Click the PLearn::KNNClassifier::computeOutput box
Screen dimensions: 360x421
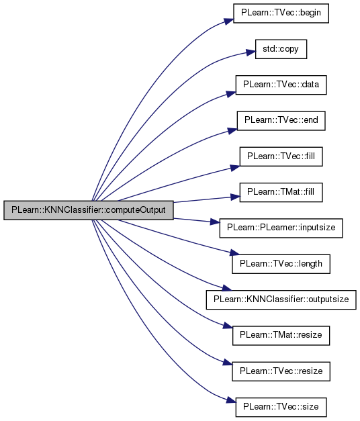(x=89, y=210)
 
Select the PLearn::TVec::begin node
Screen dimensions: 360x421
(x=281, y=13)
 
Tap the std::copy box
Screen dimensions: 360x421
(x=281, y=49)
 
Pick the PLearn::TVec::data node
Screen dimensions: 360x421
(x=281, y=85)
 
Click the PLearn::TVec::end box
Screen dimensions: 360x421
(x=281, y=121)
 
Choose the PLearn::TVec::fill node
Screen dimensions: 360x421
(x=281, y=156)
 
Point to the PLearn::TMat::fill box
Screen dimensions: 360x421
(x=281, y=192)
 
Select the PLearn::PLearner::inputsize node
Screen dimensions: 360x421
(x=281, y=228)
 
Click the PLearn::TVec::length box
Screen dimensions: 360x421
(x=281, y=264)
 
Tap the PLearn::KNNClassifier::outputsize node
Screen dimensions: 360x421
(x=281, y=299)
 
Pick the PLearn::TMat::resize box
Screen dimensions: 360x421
(x=281, y=335)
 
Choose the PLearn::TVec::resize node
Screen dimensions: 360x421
(x=281, y=371)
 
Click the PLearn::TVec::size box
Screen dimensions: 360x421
(x=281, y=407)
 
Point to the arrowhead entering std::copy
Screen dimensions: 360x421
(x=251, y=52)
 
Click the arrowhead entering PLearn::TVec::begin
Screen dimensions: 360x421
(x=229, y=21)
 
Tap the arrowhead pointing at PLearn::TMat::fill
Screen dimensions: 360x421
(x=235, y=197)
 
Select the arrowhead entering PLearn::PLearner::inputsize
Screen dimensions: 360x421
(x=215, y=222)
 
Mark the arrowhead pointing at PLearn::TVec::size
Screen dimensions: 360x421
(x=231, y=400)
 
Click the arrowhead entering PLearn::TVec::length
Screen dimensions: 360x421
(x=235, y=252)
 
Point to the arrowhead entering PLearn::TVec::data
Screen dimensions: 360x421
(x=231, y=94)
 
